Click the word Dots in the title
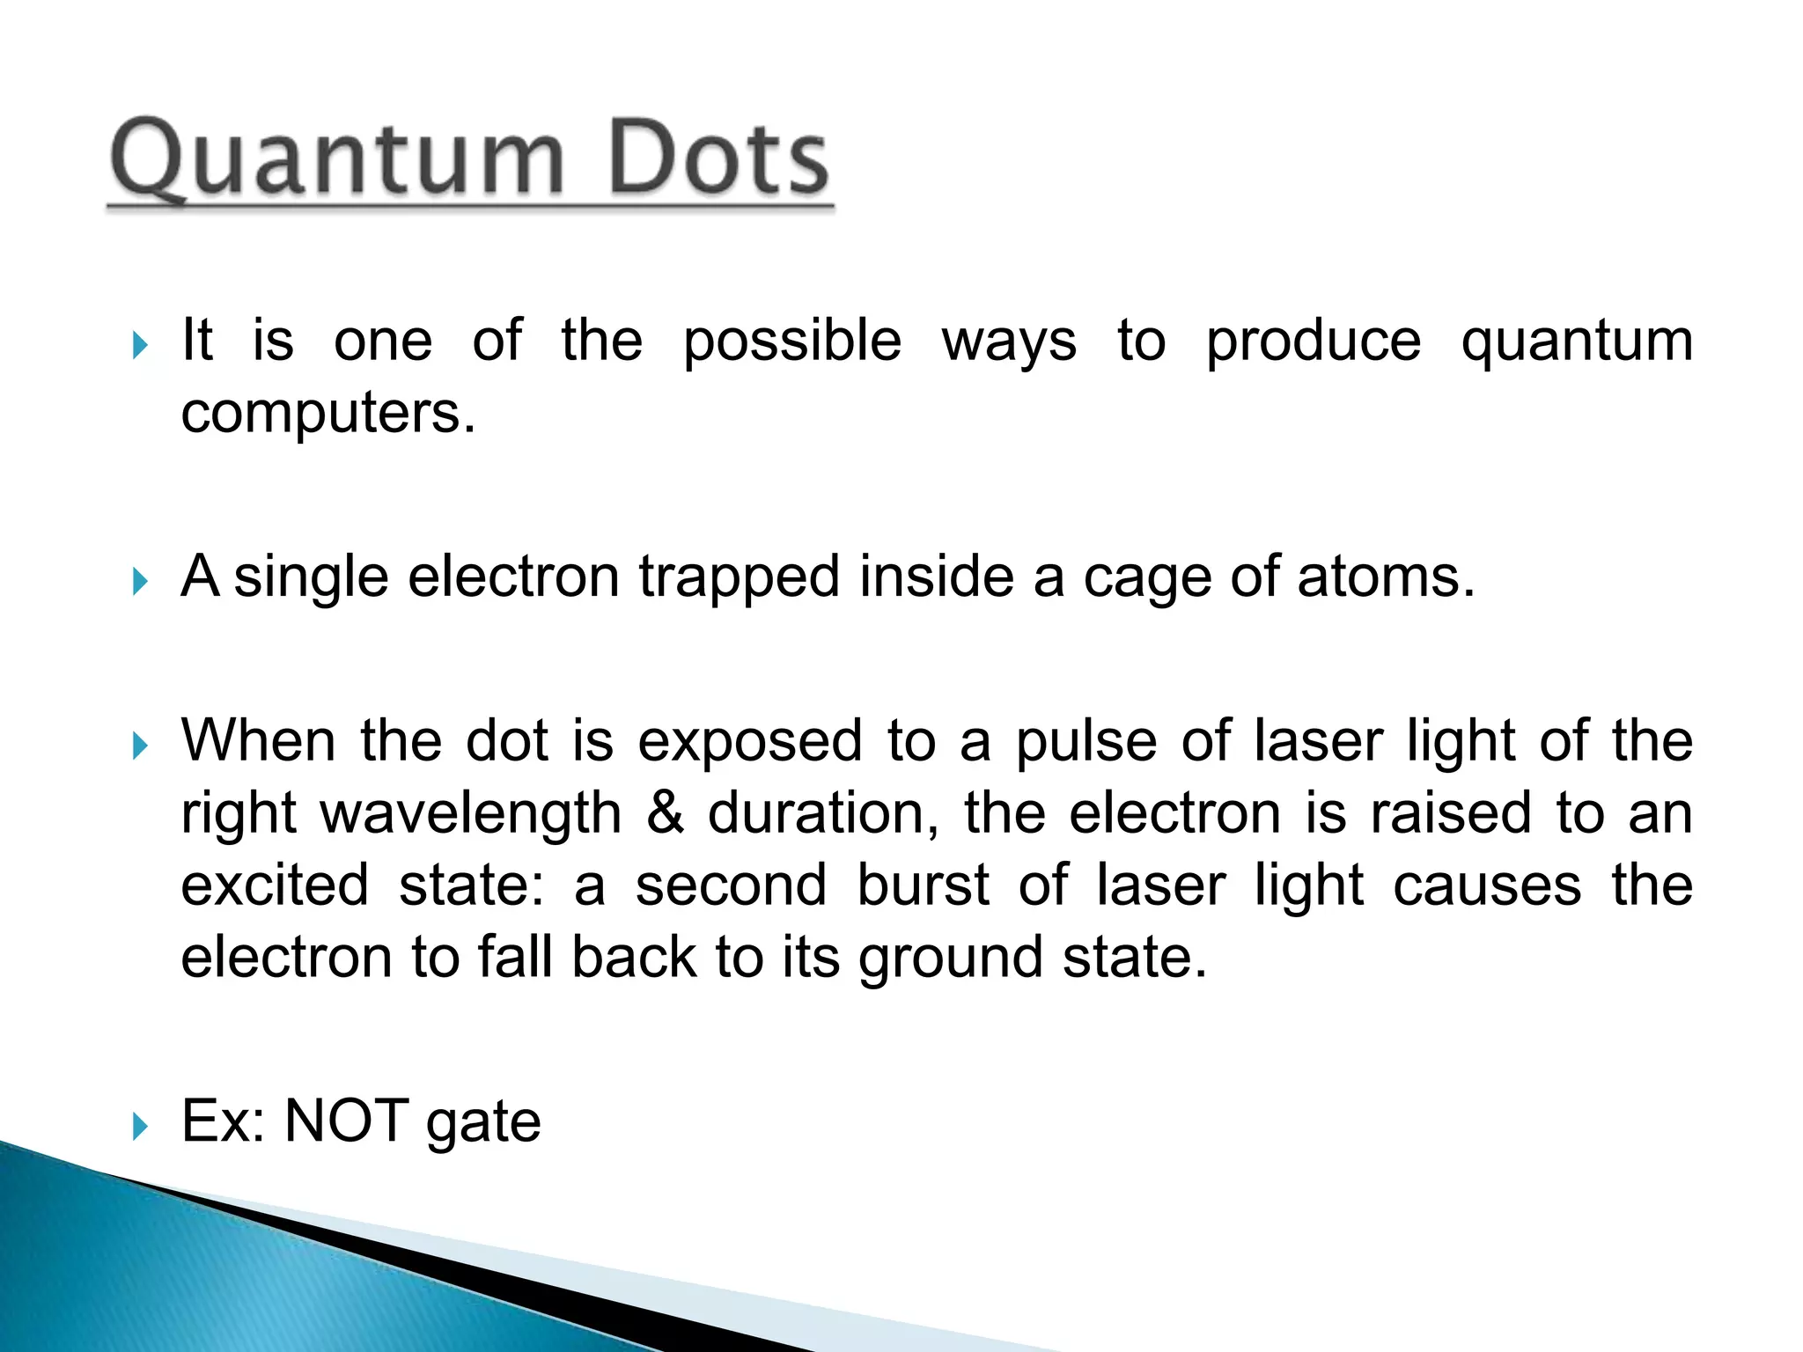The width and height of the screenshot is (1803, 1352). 718,158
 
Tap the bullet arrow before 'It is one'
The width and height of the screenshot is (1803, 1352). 140,344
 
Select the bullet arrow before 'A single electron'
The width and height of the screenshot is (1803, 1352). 140,581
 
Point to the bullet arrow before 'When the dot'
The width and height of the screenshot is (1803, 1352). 140,746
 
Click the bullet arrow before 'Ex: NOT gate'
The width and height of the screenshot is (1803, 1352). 140,1126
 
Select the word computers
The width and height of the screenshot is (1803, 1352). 327,414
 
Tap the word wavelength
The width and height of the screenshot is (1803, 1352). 471,815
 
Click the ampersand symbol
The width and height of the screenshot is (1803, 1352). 665,813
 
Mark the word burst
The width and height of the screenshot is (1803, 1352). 923,885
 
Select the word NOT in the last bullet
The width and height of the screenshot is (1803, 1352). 347,1122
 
